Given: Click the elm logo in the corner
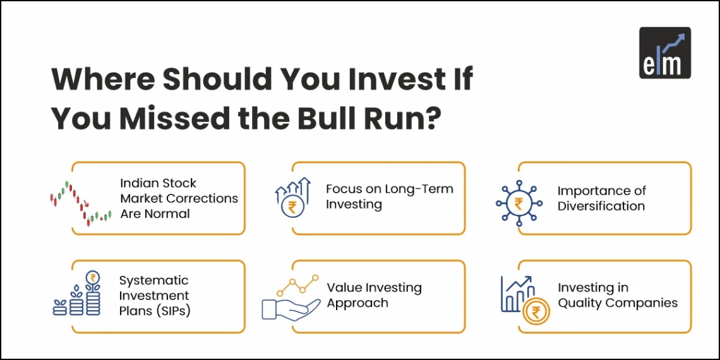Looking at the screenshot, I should (x=664, y=52).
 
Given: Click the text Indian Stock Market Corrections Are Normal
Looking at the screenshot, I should (x=179, y=198).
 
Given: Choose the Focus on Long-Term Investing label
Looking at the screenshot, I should (x=389, y=196).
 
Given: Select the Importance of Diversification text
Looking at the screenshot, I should (x=601, y=198).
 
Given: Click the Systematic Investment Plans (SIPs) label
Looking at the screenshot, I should (x=153, y=296).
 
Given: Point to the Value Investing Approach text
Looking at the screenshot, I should (x=374, y=295).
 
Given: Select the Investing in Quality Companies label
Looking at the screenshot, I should (x=617, y=295).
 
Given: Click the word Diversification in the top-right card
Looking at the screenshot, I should (x=601, y=206).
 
